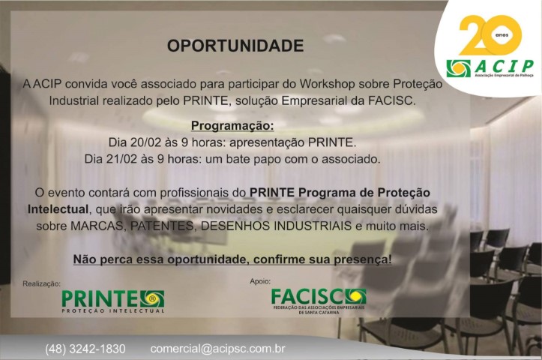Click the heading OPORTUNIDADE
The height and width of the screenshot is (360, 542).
pos(235,46)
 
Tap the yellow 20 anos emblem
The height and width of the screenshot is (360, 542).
pos(490,35)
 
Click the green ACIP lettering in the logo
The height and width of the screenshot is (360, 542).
pos(504,66)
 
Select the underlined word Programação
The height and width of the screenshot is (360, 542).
pos(232,126)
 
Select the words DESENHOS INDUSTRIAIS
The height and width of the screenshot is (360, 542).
pos(276,226)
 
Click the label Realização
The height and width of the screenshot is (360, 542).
pos(41,284)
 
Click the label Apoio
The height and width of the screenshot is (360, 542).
pos(260,281)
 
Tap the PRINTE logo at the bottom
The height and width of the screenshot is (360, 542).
pos(113,301)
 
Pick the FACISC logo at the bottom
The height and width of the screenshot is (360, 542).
pos(319,301)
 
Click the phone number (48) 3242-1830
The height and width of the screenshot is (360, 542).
pos(85,349)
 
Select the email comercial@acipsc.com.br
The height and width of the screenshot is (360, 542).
pos(217,349)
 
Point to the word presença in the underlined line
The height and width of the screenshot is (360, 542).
pos(363,259)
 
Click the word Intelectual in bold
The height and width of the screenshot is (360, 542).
pos(58,209)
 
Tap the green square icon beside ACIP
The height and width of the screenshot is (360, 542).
pos(458,68)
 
